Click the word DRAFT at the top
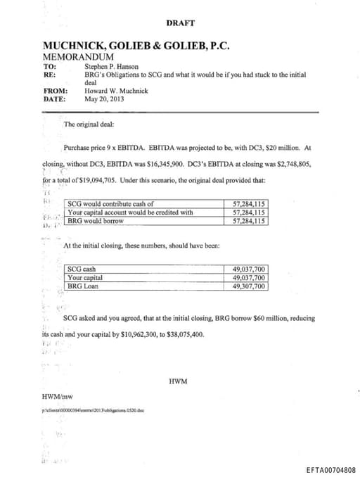tap(180, 23)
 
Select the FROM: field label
tap(56, 91)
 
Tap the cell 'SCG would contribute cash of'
tap(110, 205)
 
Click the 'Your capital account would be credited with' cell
tap(130, 212)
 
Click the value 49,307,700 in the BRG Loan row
tap(248, 286)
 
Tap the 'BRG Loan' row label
tap(83, 286)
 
